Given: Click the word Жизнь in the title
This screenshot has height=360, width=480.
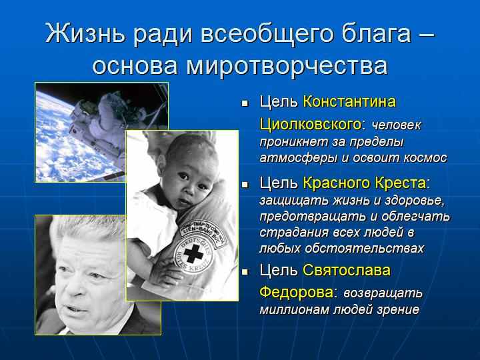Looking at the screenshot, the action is [86, 33].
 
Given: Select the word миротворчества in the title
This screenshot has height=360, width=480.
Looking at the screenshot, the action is [287, 65].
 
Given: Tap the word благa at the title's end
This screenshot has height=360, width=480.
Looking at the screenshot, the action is [376, 34].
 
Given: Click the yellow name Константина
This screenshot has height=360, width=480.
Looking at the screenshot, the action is [349, 101].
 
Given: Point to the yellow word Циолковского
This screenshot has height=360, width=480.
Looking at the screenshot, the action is [311, 125].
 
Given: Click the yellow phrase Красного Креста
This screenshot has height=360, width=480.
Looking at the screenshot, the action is [364, 183].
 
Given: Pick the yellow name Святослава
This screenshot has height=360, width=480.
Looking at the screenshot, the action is [347, 270].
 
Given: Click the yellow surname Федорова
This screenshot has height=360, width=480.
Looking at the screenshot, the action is [296, 293].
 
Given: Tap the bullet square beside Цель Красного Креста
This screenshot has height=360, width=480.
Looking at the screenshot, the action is [245, 185].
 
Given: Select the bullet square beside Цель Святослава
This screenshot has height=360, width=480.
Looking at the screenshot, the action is [245, 271].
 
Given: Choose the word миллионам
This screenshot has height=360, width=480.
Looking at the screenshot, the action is [294, 310].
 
